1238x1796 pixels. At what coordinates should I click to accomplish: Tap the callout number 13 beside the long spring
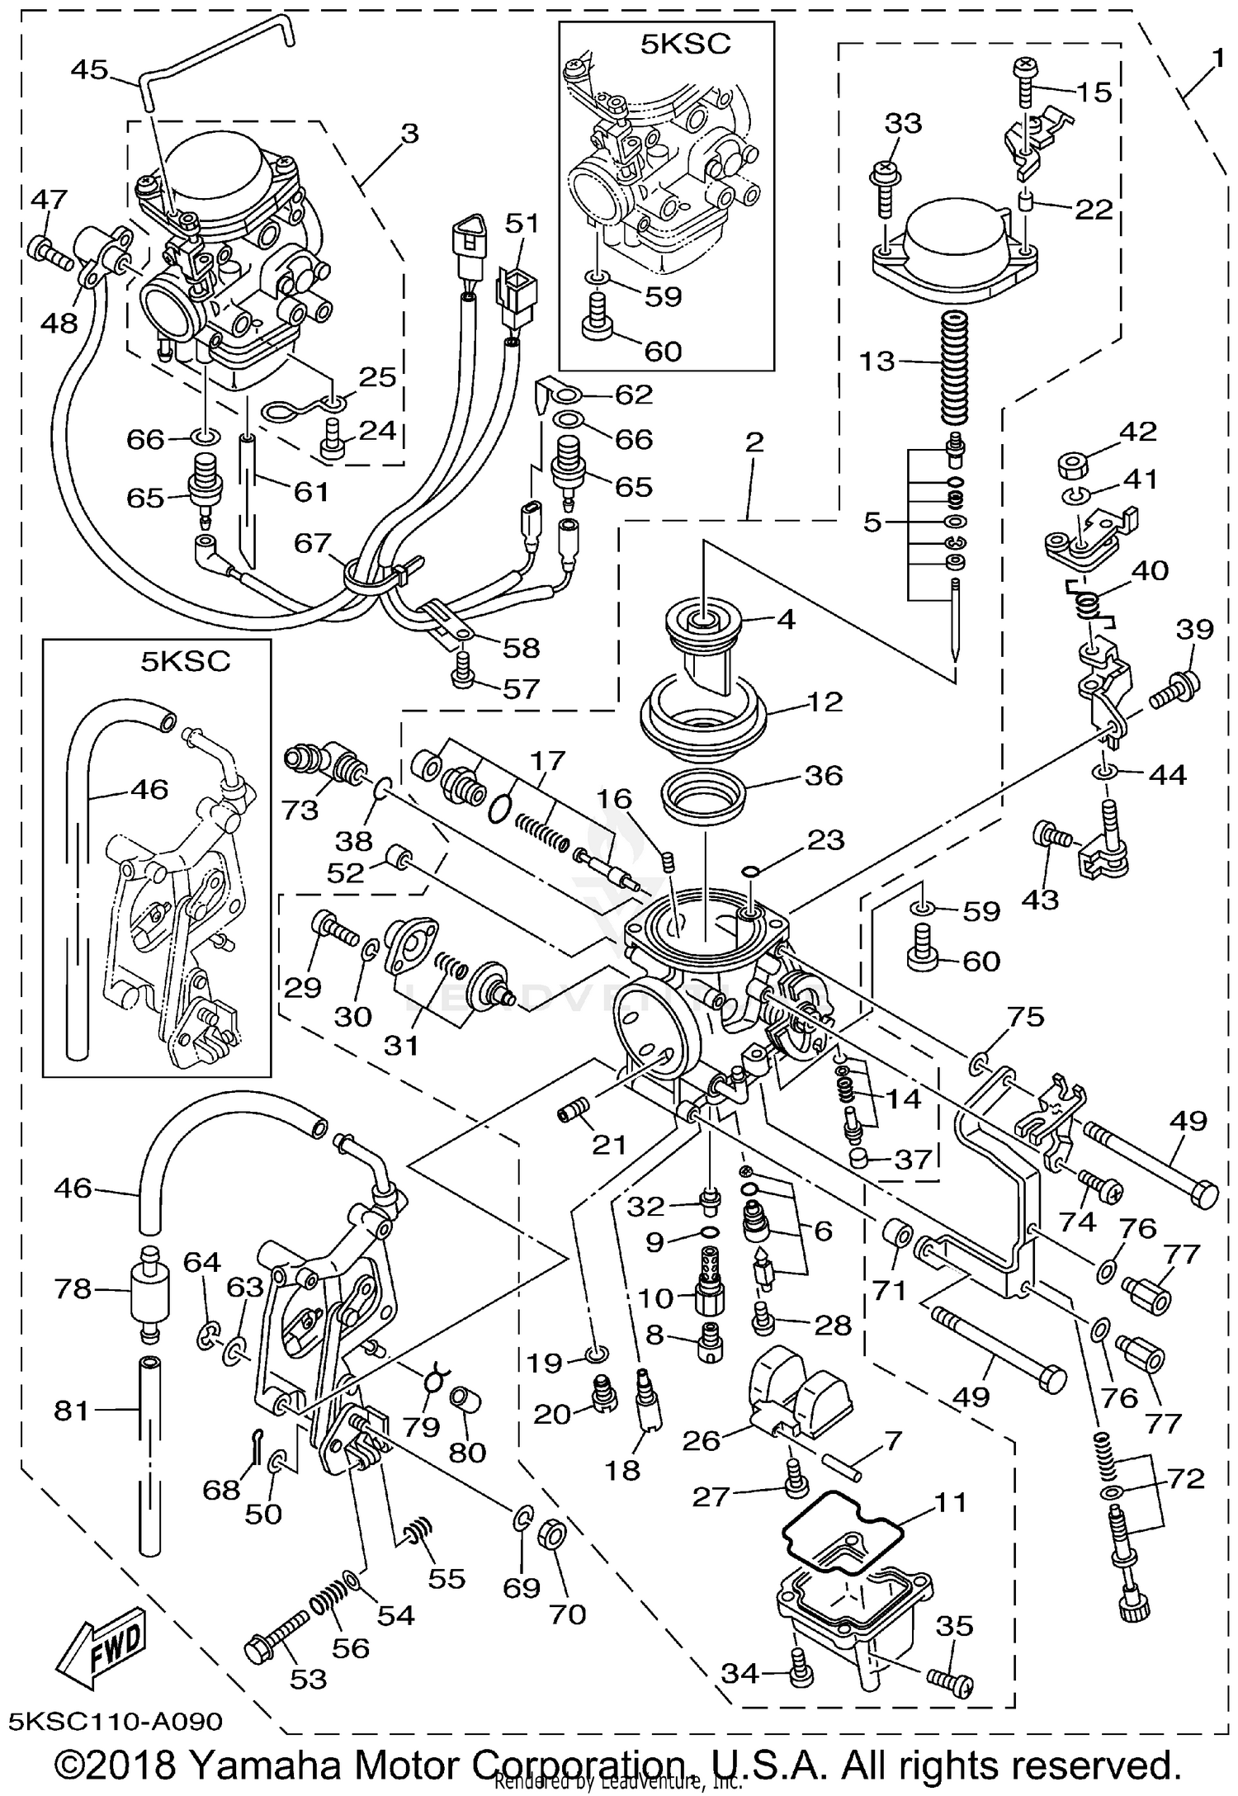pyautogui.click(x=877, y=361)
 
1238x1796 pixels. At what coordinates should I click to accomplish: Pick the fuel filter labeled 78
pyautogui.click(x=149, y=1290)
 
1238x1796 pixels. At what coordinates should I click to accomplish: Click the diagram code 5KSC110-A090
pyautogui.click(x=116, y=1720)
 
